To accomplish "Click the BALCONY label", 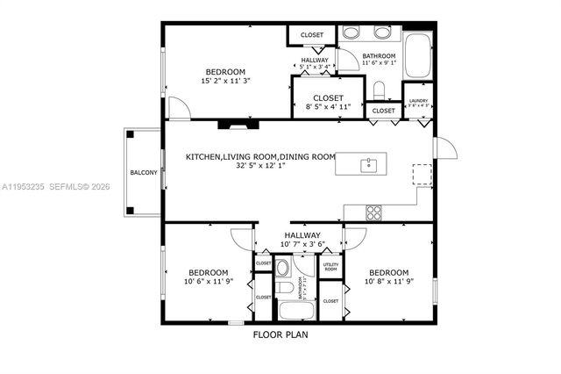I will (144, 173).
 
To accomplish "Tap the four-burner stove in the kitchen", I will (374, 211).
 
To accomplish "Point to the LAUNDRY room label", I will (418, 101).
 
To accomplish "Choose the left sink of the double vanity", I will (351, 33).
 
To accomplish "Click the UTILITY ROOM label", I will (330, 265).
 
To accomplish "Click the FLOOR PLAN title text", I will (280, 334).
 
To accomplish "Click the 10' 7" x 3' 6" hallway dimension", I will (302, 245).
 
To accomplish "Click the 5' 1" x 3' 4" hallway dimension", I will (314, 67).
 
